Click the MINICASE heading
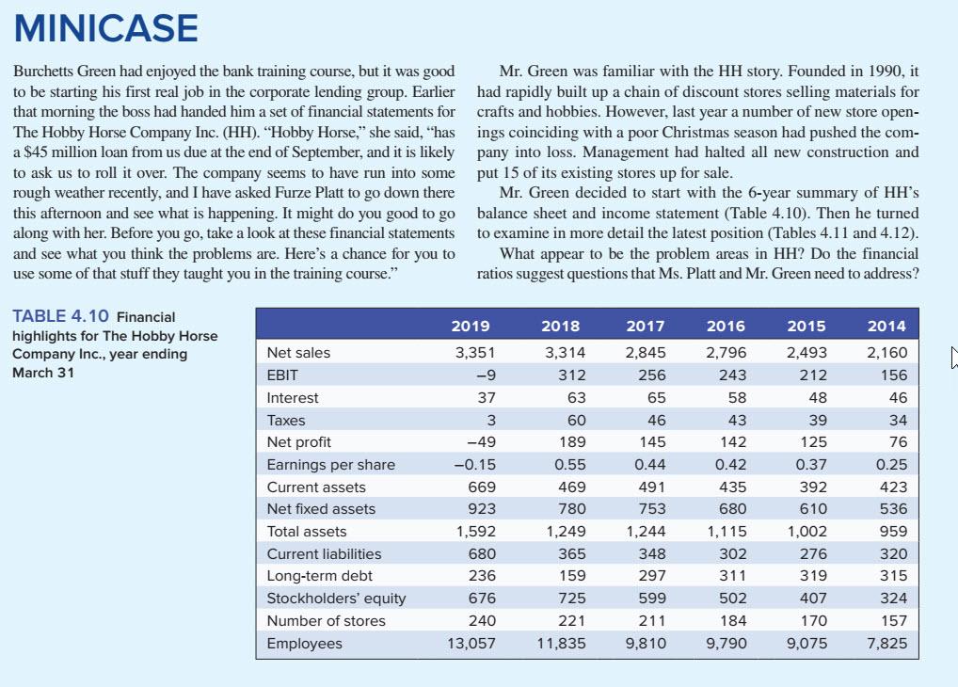coord(106,28)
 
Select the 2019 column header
coord(471,326)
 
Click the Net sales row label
coord(298,353)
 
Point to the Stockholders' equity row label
coord(336,599)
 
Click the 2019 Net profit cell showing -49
coord(478,442)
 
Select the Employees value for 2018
coord(561,644)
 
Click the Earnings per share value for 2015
coord(811,465)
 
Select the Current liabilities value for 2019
coord(481,554)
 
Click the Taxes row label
coord(286,421)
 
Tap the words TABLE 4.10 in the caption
coord(60,317)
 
